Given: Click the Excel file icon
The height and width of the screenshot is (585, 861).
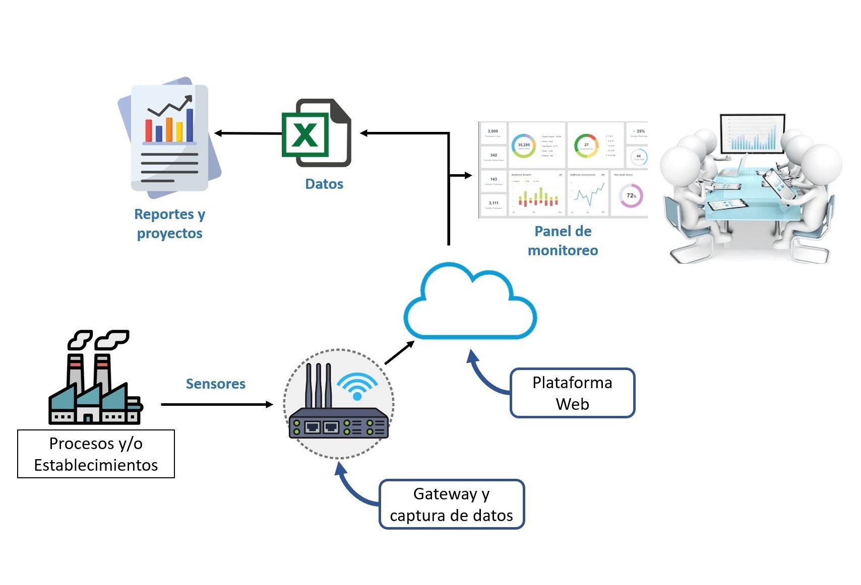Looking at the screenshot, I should pyautogui.click(x=316, y=133).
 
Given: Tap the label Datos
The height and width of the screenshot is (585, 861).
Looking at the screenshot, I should pyautogui.click(x=324, y=184).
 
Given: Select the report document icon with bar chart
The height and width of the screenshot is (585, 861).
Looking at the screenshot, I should pyautogui.click(x=169, y=137).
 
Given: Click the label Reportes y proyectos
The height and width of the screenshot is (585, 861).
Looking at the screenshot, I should pyautogui.click(x=169, y=224).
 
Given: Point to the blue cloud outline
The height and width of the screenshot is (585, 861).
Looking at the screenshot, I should pyautogui.click(x=470, y=302).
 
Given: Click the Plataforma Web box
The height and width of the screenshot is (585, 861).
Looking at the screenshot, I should pyautogui.click(x=572, y=393).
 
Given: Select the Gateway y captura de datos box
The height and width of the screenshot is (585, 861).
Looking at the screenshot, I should pyautogui.click(x=451, y=504).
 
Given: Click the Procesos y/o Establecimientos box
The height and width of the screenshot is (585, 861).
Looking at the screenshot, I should pyautogui.click(x=96, y=454).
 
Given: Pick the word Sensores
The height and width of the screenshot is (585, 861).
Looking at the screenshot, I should pyautogui.click(x=215, y=384).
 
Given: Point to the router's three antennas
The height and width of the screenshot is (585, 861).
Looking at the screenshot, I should pyautogui.click(x=318, y=385).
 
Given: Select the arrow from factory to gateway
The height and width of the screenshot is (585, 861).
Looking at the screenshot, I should pyautogui.click(x=217, y=404).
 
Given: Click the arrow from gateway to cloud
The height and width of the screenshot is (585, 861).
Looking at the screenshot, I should pyautogui.click(x=399, y=352).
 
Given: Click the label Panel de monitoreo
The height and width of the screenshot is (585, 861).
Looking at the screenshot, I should pyautogui.click(x=563, y=241).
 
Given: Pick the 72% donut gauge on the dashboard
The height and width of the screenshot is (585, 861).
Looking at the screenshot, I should pyautogui.click(x=631, y=196).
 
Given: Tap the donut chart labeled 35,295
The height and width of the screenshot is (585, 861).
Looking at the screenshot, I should pyautogui.click(x=524, y=145).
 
